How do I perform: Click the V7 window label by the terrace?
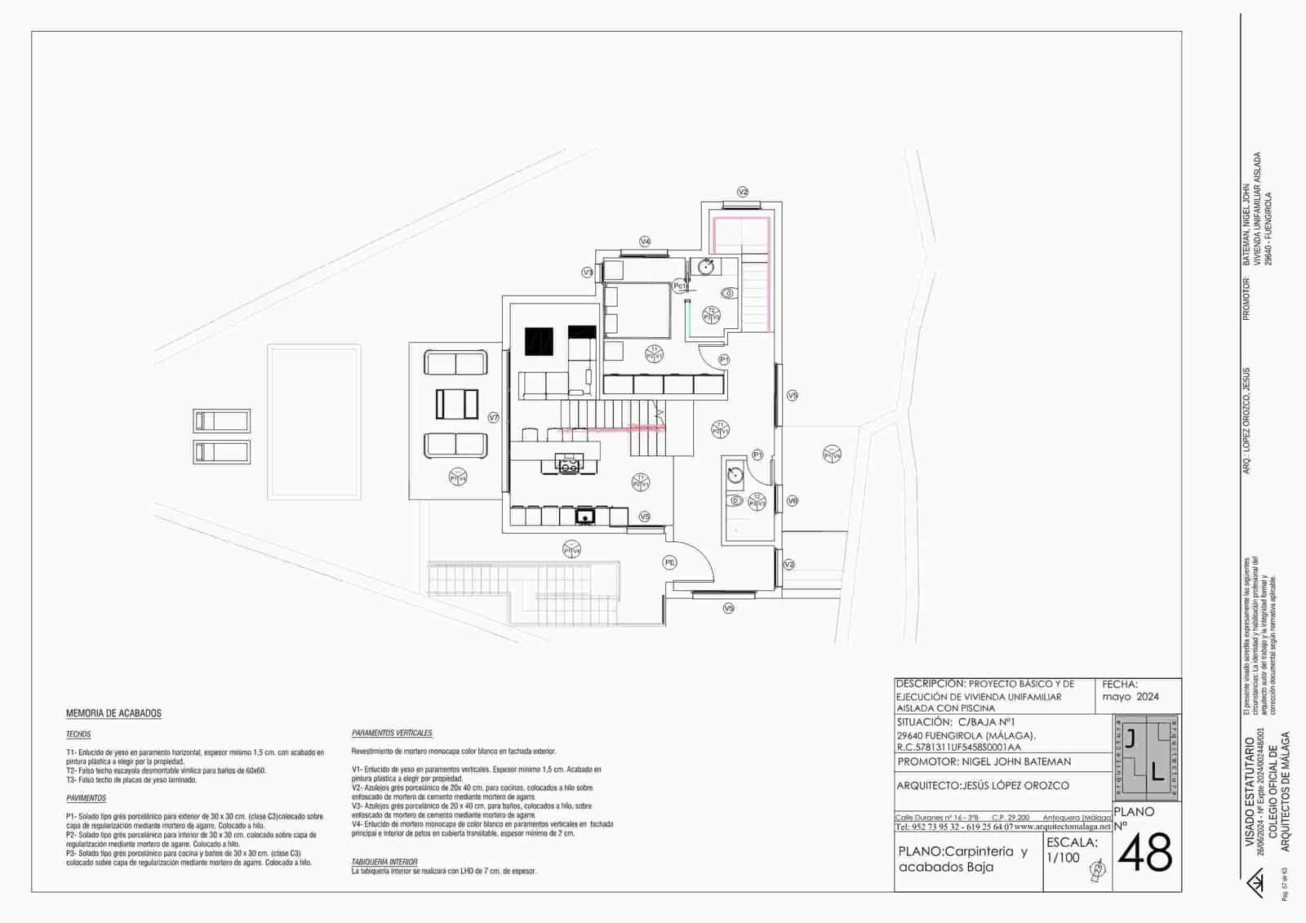[493, 417]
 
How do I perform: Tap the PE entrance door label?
[669, 562]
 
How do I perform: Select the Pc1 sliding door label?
[679, 286]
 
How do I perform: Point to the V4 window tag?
[645, 242]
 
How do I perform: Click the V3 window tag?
[587, 273]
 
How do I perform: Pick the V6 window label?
[792, 501]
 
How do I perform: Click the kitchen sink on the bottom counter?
[584, 516]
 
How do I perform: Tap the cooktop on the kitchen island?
[568, 466]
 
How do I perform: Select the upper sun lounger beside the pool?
[221, 421]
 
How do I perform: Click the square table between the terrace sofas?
[457, 403]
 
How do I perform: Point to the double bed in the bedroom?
[637, 310]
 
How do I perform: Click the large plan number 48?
[1144, 855]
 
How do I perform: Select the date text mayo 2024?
[1131, 697]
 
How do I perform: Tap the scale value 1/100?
[1064, 858]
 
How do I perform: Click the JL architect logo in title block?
[1144, 757]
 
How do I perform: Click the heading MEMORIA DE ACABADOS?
[113, 713]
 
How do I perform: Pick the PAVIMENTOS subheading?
[86, 798]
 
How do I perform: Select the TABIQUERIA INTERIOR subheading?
[384, 862]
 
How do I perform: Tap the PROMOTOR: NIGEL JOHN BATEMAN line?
[984, 761]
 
